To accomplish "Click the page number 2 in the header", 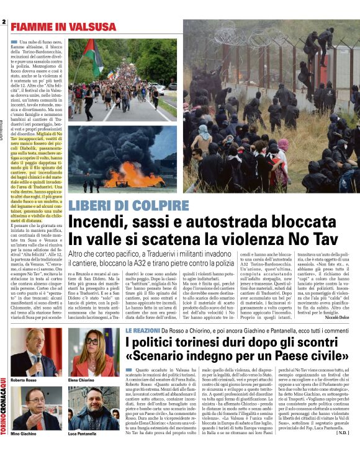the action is tap(4, 22).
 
